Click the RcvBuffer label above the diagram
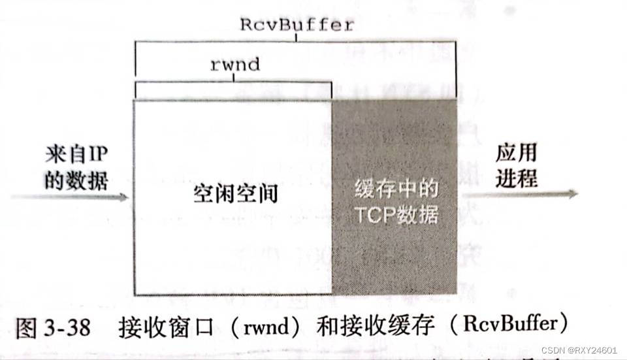(x=297, y=25)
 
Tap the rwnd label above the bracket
(x=234, y=64)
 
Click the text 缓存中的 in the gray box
(x=396, y=190)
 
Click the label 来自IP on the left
(x=76, y=155)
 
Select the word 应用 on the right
(x=515, y=153)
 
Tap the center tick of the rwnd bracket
(x=234, y=78)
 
